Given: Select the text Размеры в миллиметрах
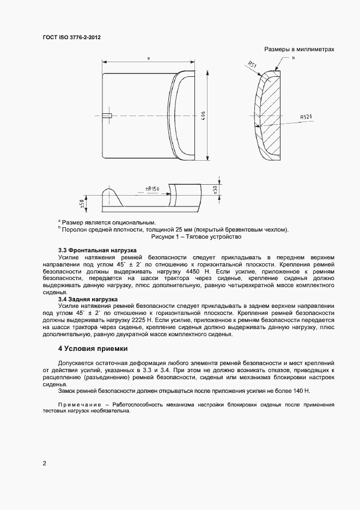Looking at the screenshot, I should click(x=299, y=49).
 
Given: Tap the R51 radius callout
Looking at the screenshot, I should click(x=252, y=66).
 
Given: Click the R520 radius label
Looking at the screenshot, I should click(x=306, y=117).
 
